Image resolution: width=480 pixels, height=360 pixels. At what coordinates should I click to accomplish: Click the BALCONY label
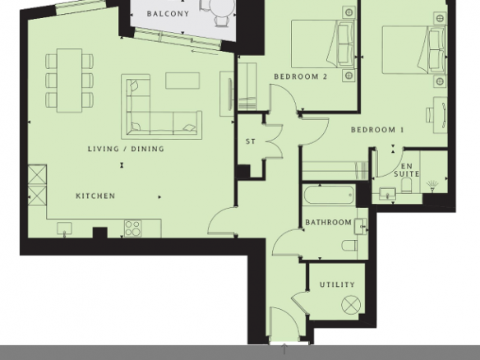tap(168, 14)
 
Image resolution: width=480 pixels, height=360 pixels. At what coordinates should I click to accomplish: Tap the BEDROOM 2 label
tap(301, 76)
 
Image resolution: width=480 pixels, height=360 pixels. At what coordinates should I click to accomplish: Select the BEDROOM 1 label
tap(377, 130)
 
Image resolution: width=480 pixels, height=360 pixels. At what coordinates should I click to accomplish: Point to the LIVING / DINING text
tap(126, 149)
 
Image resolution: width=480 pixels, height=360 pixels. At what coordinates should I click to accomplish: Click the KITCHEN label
tap(95, 196)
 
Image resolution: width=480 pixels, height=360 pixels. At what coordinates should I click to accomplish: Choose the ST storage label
tap(251, 141)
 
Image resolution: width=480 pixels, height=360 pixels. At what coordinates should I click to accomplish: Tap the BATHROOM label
tap(329, 222)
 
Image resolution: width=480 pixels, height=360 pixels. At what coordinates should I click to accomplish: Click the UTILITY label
tap(337, 284)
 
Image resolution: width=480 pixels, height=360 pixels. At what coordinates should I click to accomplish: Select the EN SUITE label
tap(407, 170)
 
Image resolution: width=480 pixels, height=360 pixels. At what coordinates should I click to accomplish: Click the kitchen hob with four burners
tap(133, 228)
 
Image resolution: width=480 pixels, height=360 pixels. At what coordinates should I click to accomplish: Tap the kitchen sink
tap(65, 229)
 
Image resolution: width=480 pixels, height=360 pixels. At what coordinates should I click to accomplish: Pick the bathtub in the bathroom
tap(329, 195)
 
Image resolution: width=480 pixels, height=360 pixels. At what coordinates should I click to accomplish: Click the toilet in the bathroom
tap(349, 246)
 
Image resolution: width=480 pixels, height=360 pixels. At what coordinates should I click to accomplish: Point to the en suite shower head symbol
tap(432, 186)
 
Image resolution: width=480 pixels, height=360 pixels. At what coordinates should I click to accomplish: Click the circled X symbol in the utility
tap(351, 305)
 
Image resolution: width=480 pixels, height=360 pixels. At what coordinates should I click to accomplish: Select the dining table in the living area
tap(70, 81)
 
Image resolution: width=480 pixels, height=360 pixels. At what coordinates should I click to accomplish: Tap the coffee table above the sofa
tap(182, 81)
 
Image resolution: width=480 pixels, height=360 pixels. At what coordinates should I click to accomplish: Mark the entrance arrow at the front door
tap(284, 349)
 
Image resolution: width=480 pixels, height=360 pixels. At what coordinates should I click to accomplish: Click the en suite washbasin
tap(388, 193)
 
